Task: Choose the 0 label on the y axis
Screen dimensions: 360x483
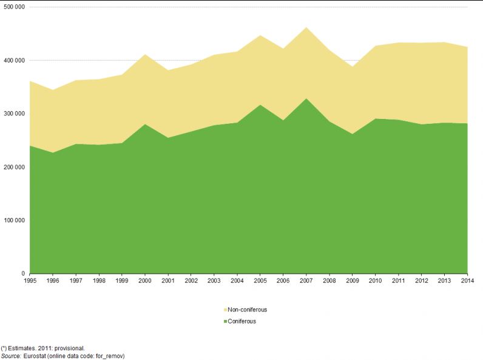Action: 23,274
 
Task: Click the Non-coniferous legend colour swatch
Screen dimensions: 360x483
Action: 226,310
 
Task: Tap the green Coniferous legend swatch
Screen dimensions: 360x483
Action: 226,321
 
